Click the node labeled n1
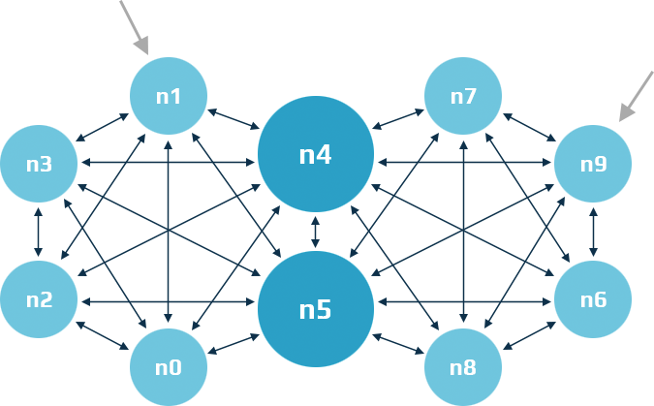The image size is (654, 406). click(x=169, y=96)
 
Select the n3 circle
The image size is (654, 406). click(x=39, y=164)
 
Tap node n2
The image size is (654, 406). click(x=39, y=299)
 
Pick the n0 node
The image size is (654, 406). click(x=169, y=367)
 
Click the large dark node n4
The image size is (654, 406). click(x=316, y=155)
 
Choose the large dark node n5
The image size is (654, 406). click(x=316, y=309)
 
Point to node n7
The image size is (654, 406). click(x=463, y=96)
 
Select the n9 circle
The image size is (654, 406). click(x=593, y=164)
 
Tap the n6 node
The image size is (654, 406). click(x=593, y=299)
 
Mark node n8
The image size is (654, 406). click(x=463, y=367)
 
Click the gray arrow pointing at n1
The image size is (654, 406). click(x=134, y=26)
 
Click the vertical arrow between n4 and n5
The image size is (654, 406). click(x=316, y=233)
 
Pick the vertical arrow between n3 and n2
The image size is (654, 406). click(x=39, y=232)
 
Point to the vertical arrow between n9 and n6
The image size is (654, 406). click(x=593, y=232)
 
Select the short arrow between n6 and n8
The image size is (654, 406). click(x=528, y=333)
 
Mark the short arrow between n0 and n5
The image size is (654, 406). click(x=234, y=343)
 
